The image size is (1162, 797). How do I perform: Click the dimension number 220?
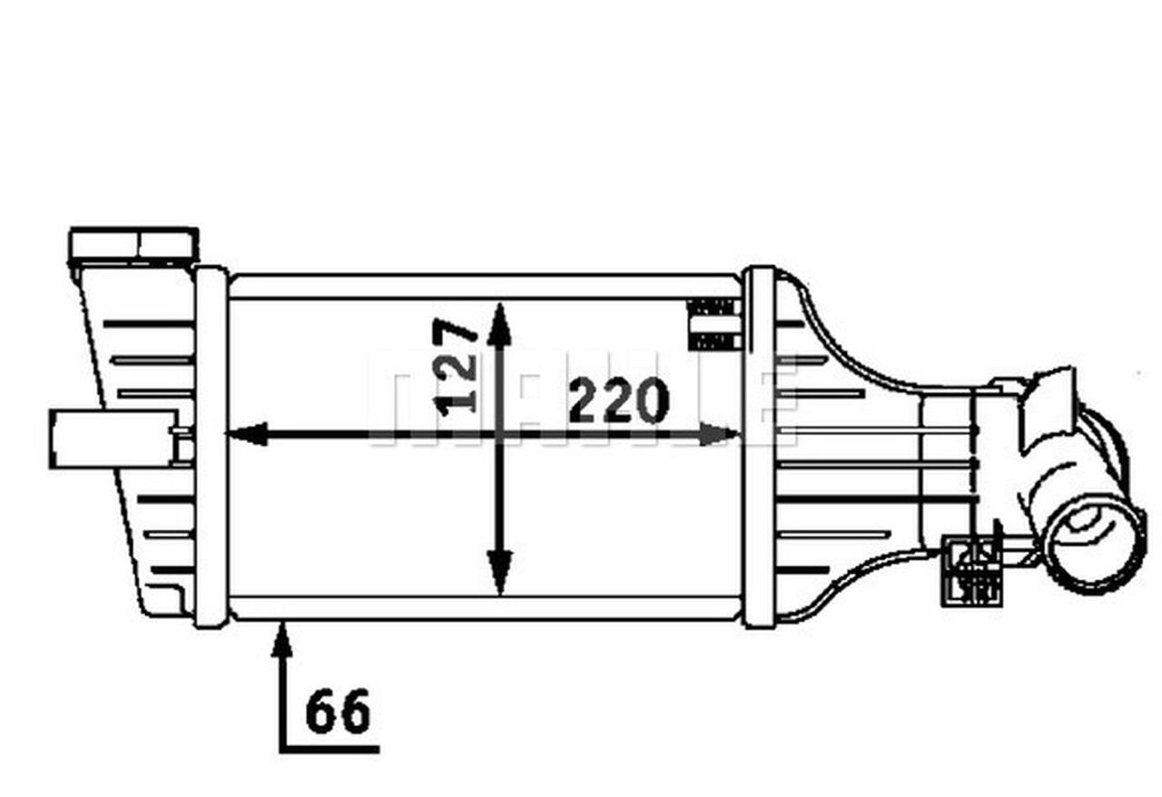tap(618, 401)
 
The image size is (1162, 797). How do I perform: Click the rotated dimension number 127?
tap(457, 366)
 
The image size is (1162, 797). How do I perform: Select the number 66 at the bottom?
tap(339, 712)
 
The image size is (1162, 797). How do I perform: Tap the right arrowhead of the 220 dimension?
tap(722, 434)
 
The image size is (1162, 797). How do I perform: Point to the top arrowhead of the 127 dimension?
tap(498, 324)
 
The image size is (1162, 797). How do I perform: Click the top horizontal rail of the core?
tap(485, 285)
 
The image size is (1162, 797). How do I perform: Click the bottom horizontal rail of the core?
tap(485, 607)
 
